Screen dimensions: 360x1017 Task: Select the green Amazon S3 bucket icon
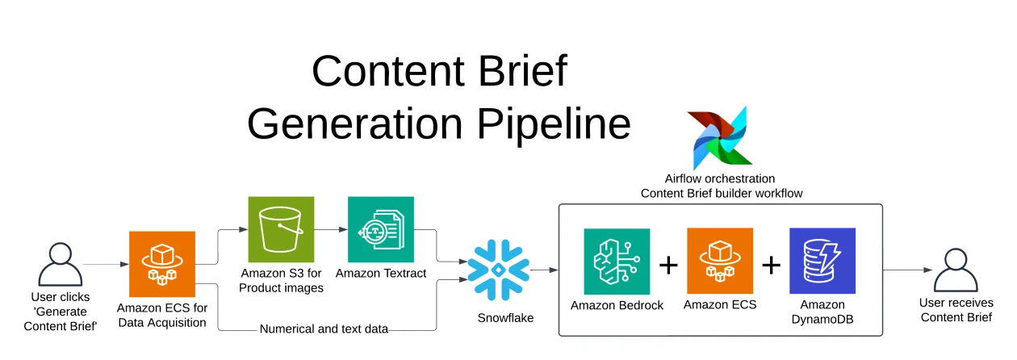(280, 229)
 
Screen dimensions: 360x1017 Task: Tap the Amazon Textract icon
(380, 229)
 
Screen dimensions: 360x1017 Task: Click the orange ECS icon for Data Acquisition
(162, 264)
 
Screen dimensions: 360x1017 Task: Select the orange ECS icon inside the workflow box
(719, 261)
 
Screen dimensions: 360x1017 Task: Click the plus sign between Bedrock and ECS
(668, 264)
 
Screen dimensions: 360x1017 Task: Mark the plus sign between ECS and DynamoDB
(771, 264)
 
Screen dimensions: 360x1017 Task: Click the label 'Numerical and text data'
(324, 329)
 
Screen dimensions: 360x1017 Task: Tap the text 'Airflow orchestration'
(719, 178)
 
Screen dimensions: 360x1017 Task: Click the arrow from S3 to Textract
(330, 230)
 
